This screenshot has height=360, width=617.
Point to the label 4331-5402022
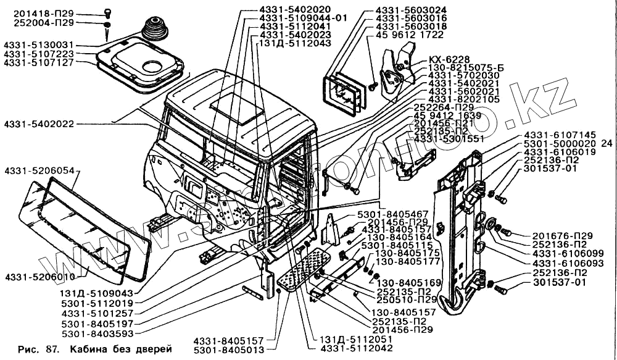[x=38, y=123]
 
